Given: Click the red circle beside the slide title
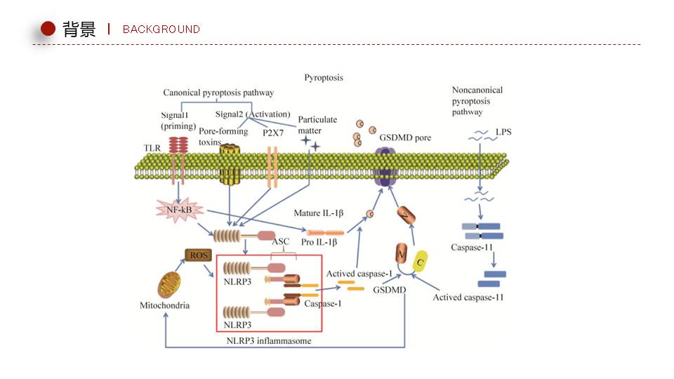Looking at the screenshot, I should pos(48,29).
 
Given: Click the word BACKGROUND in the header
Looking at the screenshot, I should pos(161,29).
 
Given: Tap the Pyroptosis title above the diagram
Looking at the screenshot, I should pos(324,77).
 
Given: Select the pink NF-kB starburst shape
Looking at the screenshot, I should pos(178,209).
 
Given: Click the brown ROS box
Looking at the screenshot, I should pos(197,255).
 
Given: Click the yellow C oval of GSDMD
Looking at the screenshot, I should pos(421,262).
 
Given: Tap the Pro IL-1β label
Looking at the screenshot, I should pos(320,242).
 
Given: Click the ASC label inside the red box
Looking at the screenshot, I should pos(280,242).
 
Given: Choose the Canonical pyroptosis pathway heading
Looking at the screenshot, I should pos(218,93).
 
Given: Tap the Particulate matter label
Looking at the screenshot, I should pos(317,124).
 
